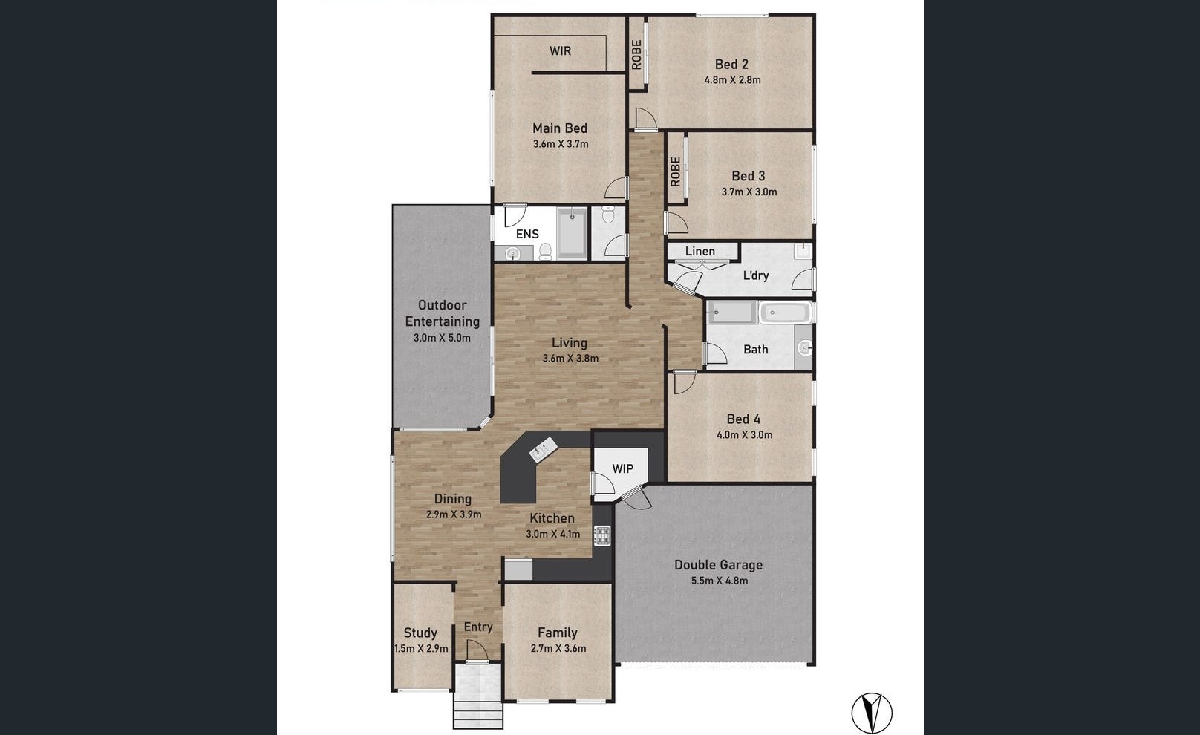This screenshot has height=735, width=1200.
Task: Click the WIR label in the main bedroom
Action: coord(560,51)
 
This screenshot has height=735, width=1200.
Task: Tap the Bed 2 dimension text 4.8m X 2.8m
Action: coord(732,80)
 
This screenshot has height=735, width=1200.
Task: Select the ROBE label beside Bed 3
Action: coord(675,171)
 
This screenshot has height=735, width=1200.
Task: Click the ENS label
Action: coord(527,234)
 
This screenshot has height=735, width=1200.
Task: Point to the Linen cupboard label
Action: coord(700,252)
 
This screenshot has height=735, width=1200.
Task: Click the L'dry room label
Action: coord(755,275)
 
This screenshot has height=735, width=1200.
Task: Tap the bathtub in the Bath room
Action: coord(785,313)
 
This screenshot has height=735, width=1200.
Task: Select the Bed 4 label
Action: coord(743,419)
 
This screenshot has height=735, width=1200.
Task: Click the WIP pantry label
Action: coord(622,469)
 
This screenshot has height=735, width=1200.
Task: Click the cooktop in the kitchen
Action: coord(601,535)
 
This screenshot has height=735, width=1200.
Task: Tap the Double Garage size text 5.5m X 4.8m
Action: coord(719,581)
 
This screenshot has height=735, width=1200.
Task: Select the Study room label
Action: coord(420,633)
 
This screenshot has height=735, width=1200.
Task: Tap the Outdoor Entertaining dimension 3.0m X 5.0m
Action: coord(442,338)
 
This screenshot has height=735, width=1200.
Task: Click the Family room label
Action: coord(557,633)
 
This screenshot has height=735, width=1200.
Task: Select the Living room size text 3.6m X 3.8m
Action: coord(570,359)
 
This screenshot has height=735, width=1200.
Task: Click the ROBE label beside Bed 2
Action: coord(636,54)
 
